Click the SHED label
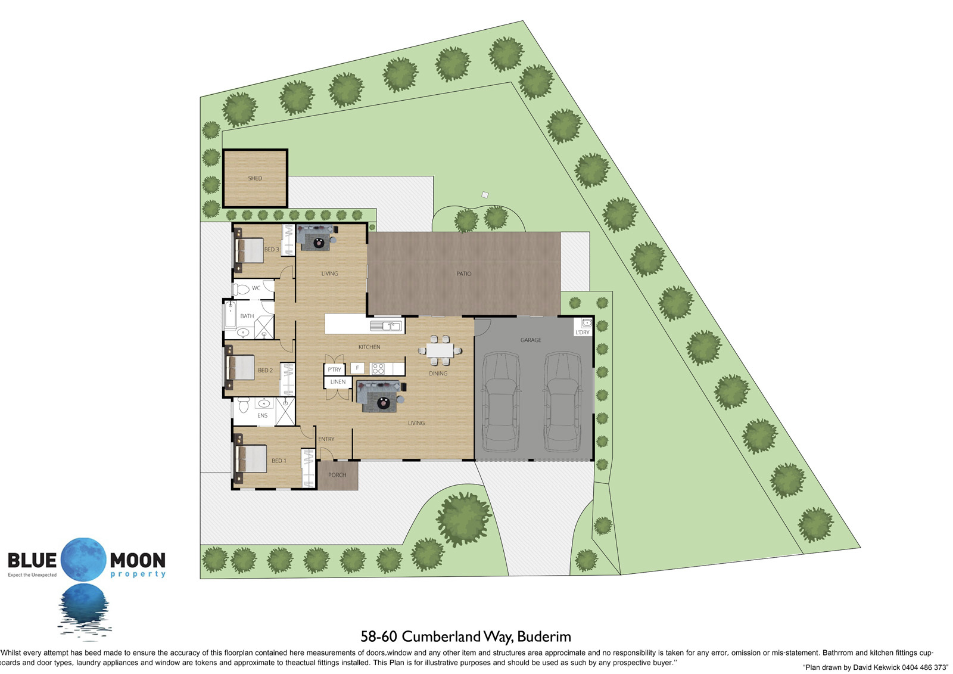pos(255,178)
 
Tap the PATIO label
pos(464,274)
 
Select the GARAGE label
pos(531,340)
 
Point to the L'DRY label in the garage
pos(583,332)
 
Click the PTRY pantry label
pos(334,369)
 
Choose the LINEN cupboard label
pos(338,382)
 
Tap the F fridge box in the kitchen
pos(357,368)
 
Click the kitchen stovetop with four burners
pos(378,368)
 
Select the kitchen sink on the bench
pos(387,326)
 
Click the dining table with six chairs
pos(440,350)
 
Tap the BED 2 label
pos(266,371)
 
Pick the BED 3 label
pos(272,250)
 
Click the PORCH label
pos(337,475)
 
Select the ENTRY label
pos(326,439)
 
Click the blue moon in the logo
pos(83,560)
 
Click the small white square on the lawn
pos(485,195)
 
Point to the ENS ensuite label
pos(263,415)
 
